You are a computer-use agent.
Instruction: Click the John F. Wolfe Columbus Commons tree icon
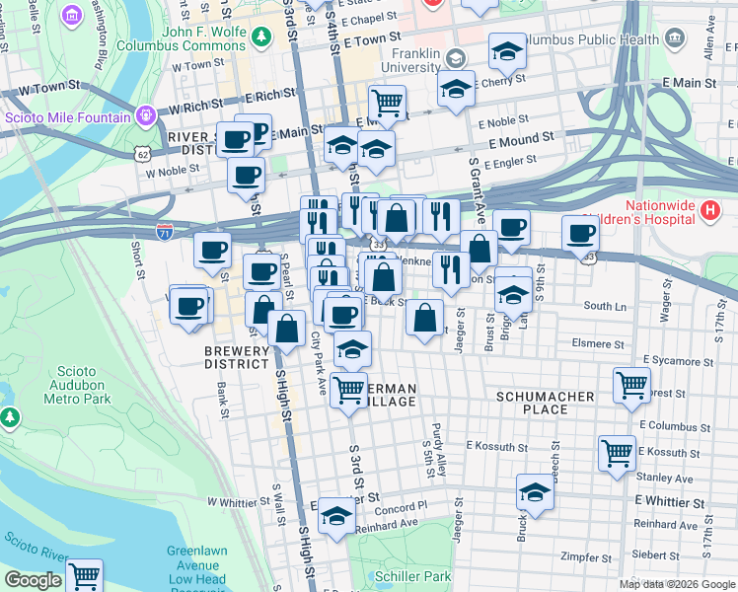click(260, 37)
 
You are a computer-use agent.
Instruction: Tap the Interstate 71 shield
click(164, 232)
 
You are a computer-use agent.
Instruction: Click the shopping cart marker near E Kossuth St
click(617, 453)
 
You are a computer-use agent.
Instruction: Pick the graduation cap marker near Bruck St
click(535, 492)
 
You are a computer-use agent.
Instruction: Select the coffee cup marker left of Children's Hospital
click(581, 232)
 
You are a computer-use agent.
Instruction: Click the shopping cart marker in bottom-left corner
click(85, 574)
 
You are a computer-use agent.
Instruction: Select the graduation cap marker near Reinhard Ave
click(336, 516)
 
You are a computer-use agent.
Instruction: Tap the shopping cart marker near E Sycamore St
click(630, 384)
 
